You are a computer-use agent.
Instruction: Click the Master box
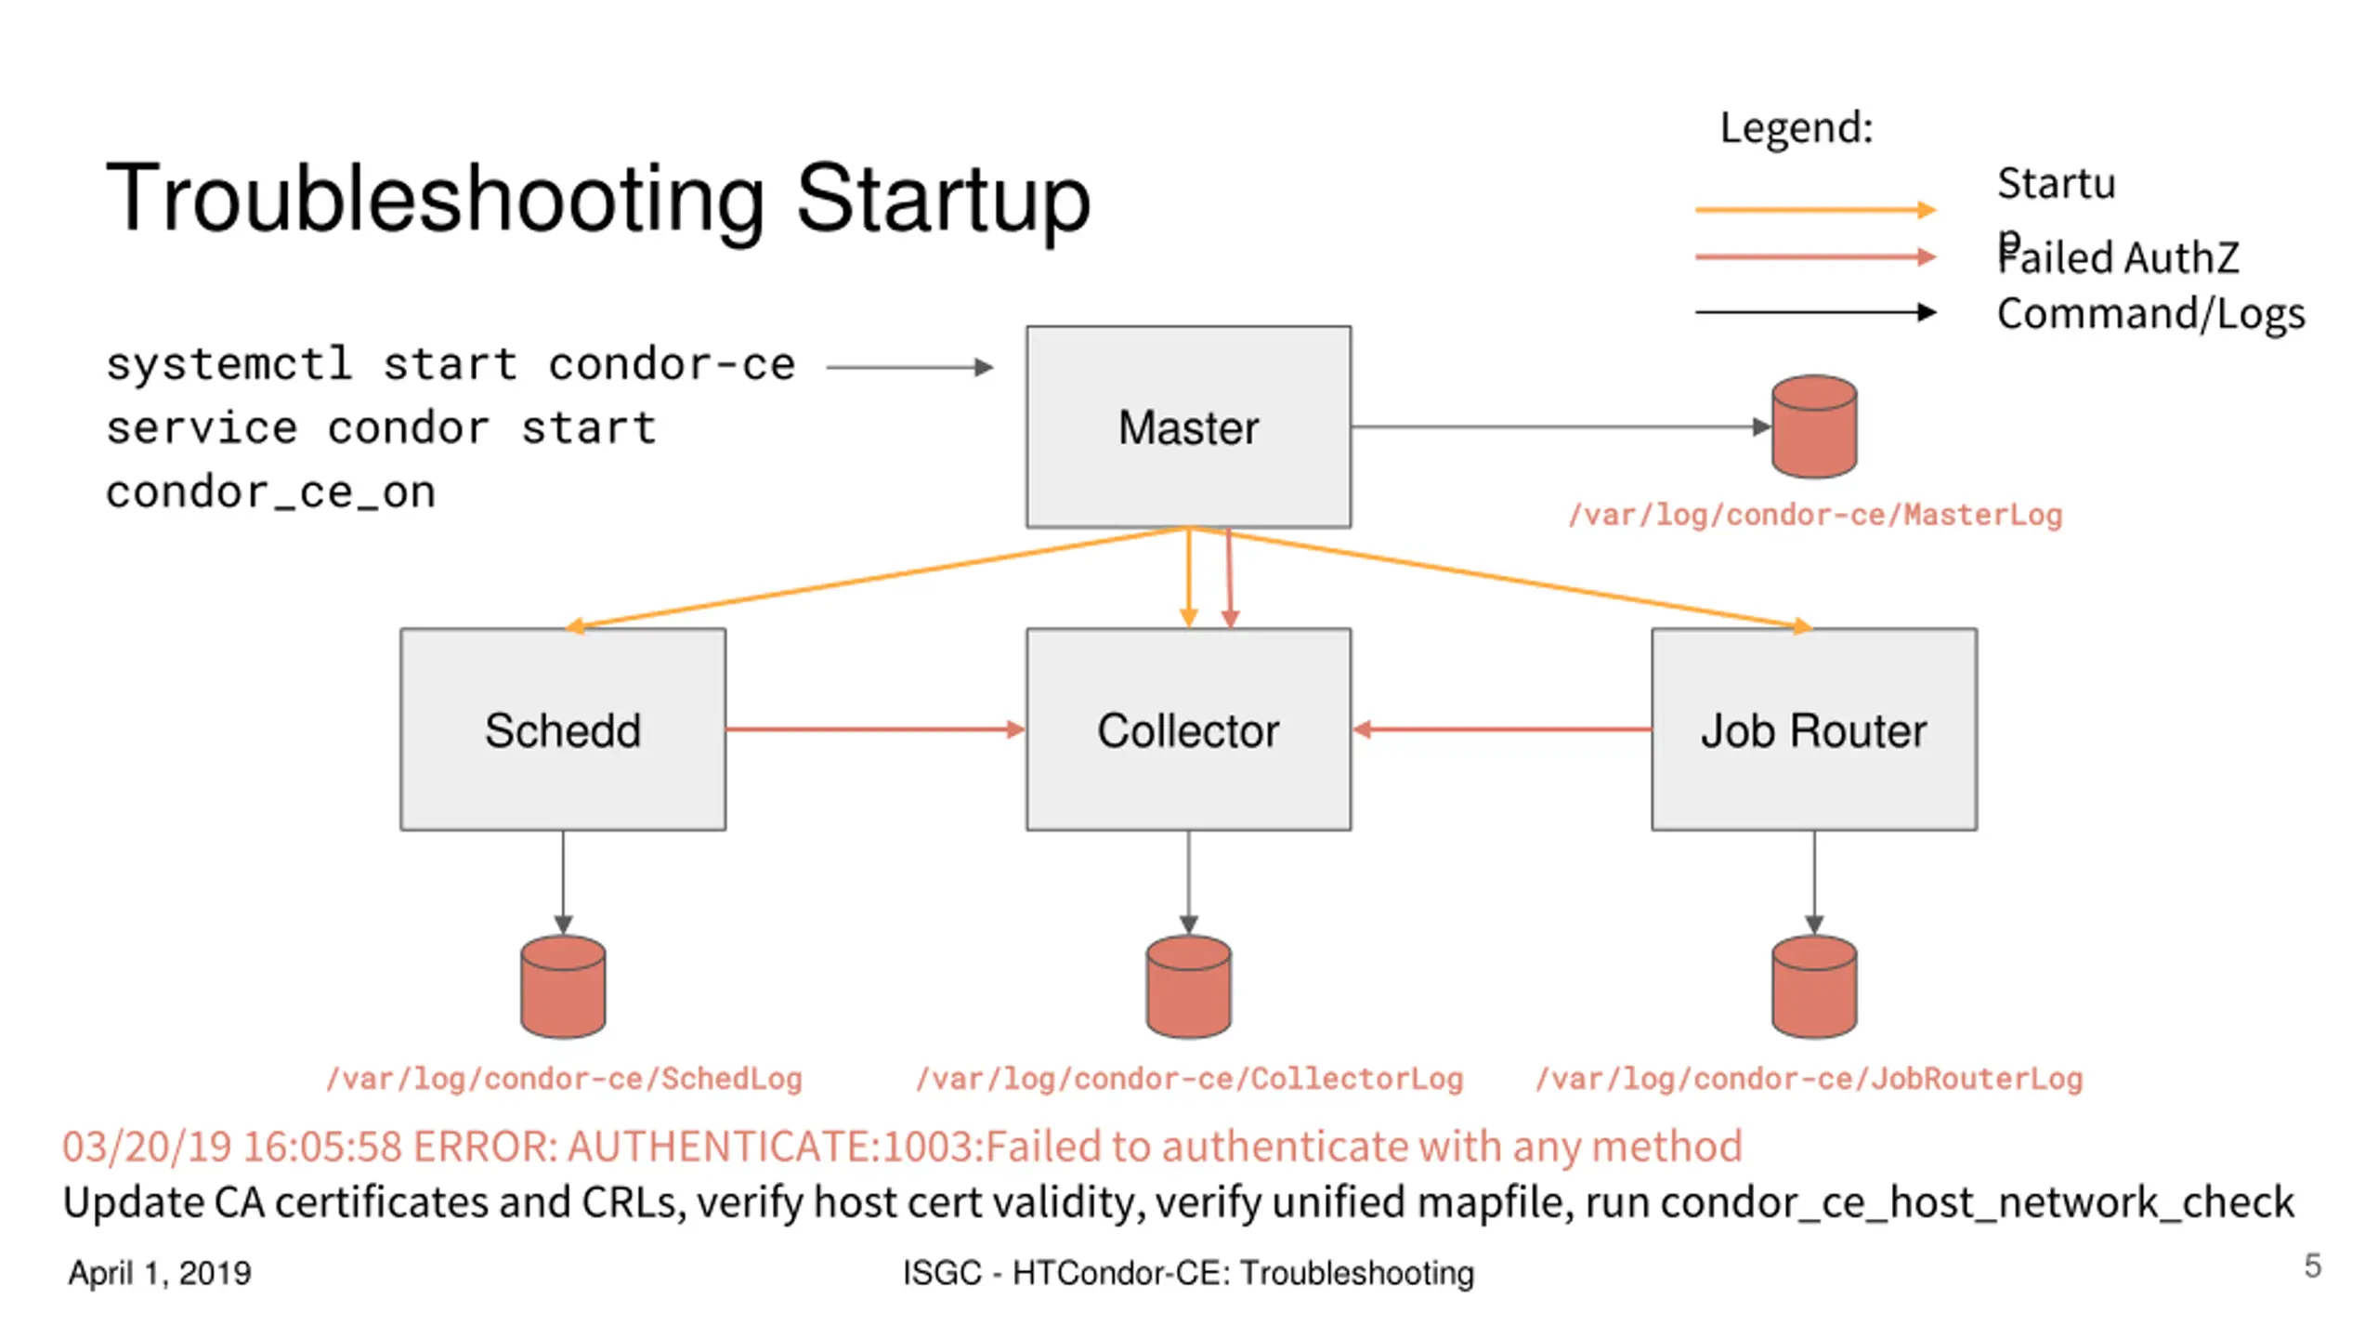click(x=1188, y=426)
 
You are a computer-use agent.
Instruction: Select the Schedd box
click(x=563, y=729)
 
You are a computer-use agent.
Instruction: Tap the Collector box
click(x=1188, y=729)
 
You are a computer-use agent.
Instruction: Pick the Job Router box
click(x=1813, y=729)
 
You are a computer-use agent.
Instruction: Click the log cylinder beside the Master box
click(x=1814, y=426)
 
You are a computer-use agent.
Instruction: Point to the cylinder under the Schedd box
click(x=563, y=987)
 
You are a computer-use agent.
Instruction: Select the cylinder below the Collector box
click(x=1188, y=987)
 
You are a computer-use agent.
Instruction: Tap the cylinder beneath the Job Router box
click(x=1814, y=987)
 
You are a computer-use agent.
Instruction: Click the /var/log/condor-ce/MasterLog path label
click(x=1815, y=515)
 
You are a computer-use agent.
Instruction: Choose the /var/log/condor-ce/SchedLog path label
click(x=564, y=1079)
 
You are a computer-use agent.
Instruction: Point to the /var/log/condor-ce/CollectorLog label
click(x=1189, y=1079)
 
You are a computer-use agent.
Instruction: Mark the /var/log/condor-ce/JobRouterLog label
click(x=1809, y=1079)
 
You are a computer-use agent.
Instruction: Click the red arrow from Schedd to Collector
click(x=876, y=729)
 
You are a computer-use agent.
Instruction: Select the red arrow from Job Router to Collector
click(x=1501, y=729)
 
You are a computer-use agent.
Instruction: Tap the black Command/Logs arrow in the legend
click(x=1816, y=312)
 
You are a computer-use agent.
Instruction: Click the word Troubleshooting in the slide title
click(x=436, y=198)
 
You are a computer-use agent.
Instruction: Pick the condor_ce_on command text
click(x=270, y=492)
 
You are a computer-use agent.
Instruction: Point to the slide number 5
click(x=2312, y=1266)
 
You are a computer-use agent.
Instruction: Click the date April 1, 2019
click(x=160, y=1273)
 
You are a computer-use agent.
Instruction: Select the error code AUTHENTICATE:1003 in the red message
click(x=771, y=1147)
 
